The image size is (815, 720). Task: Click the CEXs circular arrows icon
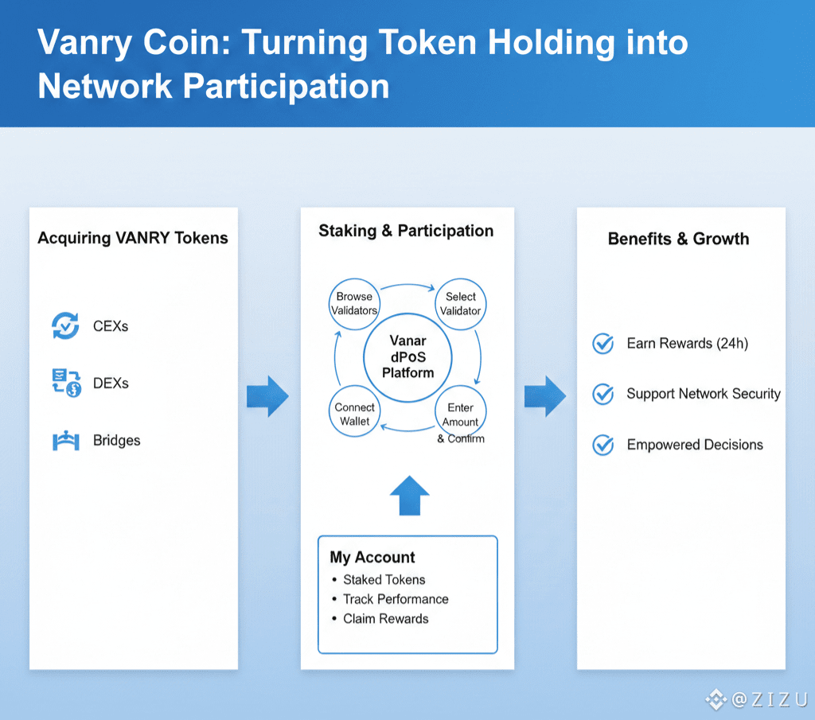tap(65, 325)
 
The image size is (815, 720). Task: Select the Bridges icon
tap(65, 441)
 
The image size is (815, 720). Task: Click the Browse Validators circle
tap(354, 303)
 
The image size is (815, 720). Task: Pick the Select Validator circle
tap(461, 304)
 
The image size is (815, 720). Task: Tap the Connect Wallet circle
tap(354, 414)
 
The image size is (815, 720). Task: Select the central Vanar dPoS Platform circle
tap(407, 357)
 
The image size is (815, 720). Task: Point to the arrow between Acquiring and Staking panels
tap(267, 395)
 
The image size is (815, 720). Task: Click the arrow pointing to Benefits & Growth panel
tap(544, 395)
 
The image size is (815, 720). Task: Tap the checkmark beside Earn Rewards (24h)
tap(603, 344)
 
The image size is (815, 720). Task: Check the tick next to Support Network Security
tap(603, 394)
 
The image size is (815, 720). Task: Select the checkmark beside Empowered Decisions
tap(603, 445)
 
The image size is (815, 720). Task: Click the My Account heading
tap(372, 558)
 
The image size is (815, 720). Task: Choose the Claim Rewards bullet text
tap(385, 619)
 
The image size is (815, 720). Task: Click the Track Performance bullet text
tap(396, 599)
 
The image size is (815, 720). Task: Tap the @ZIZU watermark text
tap(769, 699)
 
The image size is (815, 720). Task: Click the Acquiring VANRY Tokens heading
tap(133, 238)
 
